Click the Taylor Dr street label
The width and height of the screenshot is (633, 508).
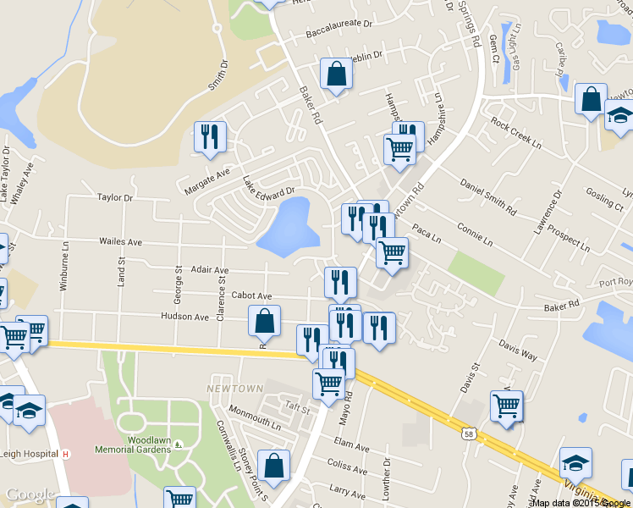click(115, 197)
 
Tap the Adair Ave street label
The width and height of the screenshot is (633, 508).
click(211, 269)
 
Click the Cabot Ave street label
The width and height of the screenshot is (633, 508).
click(251, 296)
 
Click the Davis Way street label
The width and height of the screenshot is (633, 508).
click(518, 351)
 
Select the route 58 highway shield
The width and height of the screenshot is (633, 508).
click(469, 434)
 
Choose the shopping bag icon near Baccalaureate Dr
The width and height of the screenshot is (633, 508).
click(336, 74)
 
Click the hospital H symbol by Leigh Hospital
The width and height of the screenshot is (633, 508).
click(65, 454)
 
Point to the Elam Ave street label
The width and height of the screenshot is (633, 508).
click(352, 444)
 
